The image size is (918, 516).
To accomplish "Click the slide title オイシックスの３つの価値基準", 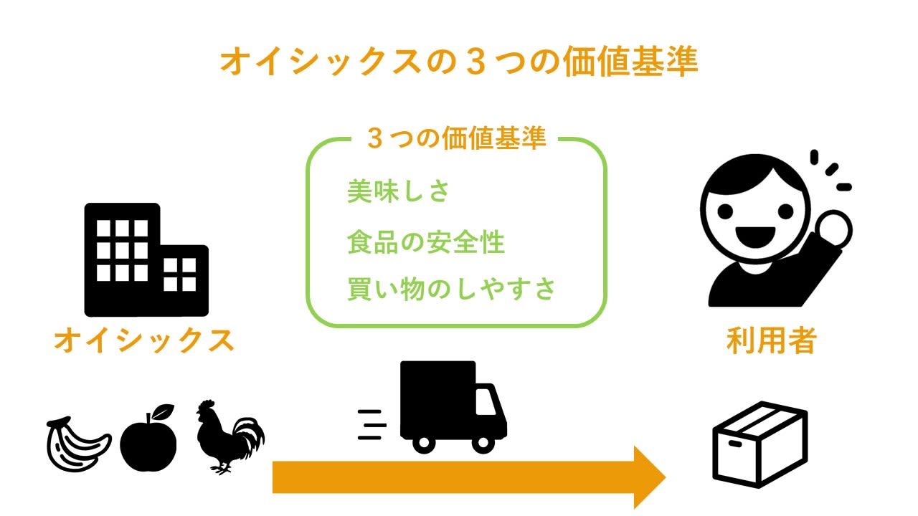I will (458, 62).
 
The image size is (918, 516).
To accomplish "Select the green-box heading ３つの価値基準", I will (456, 138).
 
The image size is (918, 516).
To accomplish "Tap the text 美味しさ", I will (398, 192).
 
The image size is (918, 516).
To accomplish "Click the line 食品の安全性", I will (426, 242).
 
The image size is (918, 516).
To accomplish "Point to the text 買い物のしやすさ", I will (451, 290).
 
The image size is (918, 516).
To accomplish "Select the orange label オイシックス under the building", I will (144, 340).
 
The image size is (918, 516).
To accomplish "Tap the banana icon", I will (77, 443).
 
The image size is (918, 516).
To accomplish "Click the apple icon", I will (148, 441).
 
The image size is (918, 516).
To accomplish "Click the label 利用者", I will (771, 340).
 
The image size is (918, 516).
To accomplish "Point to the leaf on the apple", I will (164, 412).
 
